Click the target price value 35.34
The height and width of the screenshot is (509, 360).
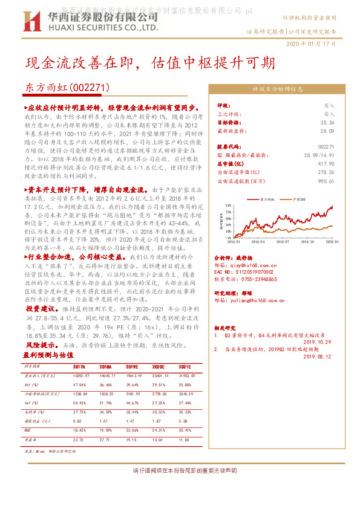pos(328,122)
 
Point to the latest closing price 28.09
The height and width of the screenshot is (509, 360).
pos(328,130)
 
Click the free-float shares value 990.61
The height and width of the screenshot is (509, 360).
pos(327,180)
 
